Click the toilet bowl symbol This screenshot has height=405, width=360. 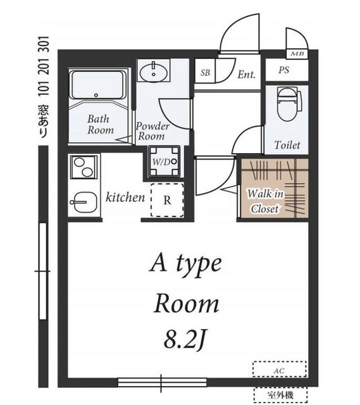tap(289, 104)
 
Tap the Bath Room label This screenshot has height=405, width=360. tap(101, 124)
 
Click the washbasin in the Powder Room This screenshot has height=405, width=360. tap(153, 72)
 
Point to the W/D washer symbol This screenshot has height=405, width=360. tap(164, 162)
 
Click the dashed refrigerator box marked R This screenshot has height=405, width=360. tap(167, 200)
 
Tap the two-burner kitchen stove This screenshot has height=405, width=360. tap(83, 167)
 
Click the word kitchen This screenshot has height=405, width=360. tap(125, 197)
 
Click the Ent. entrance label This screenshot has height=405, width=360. tap(246, 75)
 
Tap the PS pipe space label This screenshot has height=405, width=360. tap(284, 70)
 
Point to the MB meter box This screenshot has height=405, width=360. tap(297, 54)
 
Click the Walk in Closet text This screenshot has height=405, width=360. tap(266, 201)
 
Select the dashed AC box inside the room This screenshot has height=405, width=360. tap(280, 369)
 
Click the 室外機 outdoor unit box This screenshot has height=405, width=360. tap(280, 395)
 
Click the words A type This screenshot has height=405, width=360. tap(185, 264)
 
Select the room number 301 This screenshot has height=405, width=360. tap(44, 44)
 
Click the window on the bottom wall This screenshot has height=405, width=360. tap(162, 382)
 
